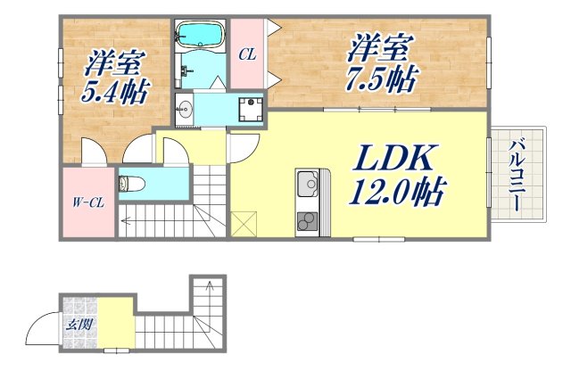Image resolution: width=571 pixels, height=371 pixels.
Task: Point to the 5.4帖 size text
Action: pyautogui.click(x=117, y=92)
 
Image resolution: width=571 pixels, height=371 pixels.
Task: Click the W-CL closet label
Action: pyautogui.click(x=87, y=202)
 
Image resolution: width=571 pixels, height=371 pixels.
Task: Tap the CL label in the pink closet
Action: pyautogui.click(x=247, y=54)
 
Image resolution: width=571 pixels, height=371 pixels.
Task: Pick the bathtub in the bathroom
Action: pyautogui.click(x=198, y=35)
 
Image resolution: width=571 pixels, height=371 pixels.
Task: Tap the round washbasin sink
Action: pyautogui.click(x=185, y=111)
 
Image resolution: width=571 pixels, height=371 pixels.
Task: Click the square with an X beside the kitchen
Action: pyautogui.click(x=242, y=222)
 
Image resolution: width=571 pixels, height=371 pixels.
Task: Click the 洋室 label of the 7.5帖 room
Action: pyautogui.click(x=378, y=45)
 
